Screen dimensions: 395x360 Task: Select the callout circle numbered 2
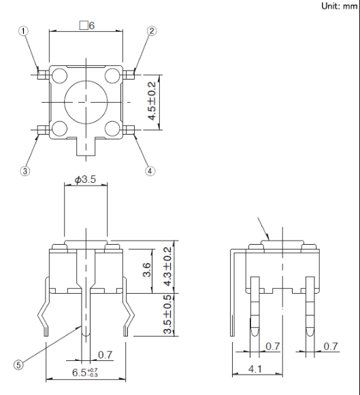[x=152, y=31]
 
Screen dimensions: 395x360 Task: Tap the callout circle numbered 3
[x=25, y=171]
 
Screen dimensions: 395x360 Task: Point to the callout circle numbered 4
[x=150, y=171]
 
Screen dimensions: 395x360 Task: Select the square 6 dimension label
[x=86, y=25]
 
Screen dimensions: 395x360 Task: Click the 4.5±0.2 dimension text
[x=154, y=101]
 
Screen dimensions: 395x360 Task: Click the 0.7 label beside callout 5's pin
[x=105, y=354]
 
